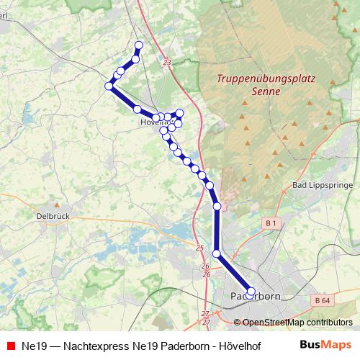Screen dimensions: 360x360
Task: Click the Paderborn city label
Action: (x=255, y=297)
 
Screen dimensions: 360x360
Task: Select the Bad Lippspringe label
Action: (x=322, y=185)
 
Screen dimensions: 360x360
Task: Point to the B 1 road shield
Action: (x=271, y=225)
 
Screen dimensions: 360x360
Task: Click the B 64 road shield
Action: (x=323, y=299)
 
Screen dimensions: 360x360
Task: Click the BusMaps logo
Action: (x=325, y=345)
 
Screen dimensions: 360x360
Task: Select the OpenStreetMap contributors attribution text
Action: (x=297, y=323)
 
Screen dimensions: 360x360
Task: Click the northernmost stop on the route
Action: (x=139, y=45)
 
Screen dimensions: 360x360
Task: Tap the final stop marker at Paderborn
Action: (x=251, y=292)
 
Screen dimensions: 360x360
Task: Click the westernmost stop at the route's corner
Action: (x=109, y=86)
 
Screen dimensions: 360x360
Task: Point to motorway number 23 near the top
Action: (x=167, y=63)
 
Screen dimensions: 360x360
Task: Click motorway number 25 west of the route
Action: (x=199, y=248)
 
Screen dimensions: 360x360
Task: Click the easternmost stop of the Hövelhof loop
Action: (x=180, y=113)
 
